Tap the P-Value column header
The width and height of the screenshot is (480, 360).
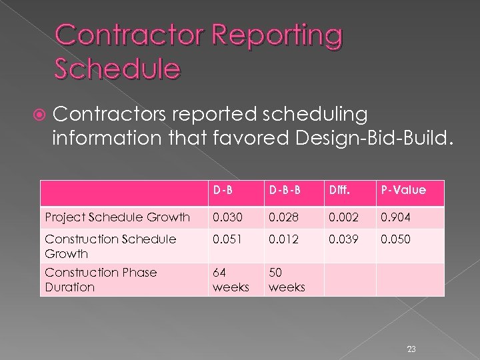403,190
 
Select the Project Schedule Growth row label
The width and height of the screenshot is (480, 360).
117,217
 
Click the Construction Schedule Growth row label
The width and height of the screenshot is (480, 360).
110,246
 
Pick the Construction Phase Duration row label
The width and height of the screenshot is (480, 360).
101,279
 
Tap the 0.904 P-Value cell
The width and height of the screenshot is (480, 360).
395,217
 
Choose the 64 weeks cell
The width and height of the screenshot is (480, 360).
229,279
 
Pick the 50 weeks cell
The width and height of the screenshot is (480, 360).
286,279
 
